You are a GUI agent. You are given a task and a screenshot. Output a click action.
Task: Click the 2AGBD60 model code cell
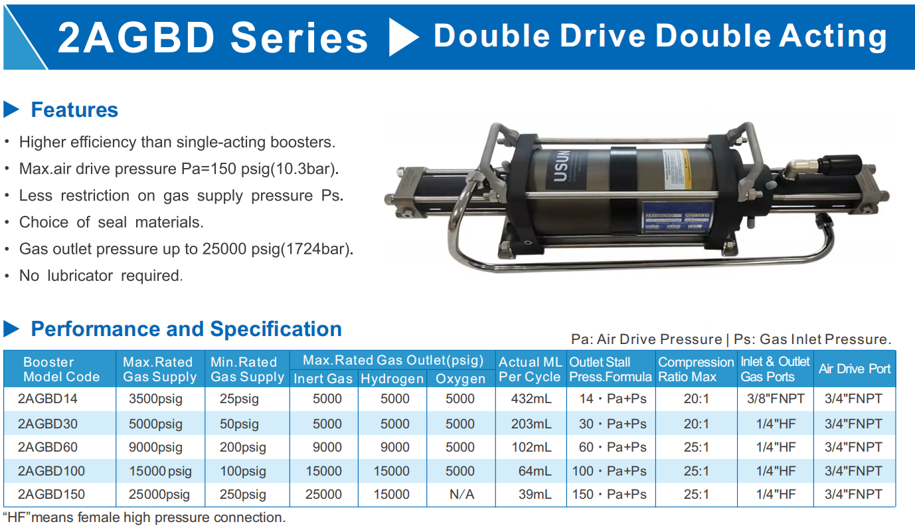[x=48, y=447]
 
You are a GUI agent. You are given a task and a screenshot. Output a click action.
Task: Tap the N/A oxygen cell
[x=460, y=494]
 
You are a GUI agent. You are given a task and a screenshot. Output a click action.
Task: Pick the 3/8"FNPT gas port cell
[x=776, y=399]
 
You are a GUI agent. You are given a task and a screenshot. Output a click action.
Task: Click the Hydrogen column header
[x=392, y=379]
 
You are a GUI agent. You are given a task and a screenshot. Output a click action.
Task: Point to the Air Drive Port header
[x=855, y=369]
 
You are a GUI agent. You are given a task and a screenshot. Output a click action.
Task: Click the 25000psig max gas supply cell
[x=159, y=494]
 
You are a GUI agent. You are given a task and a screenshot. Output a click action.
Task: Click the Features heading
[x=74, y=110]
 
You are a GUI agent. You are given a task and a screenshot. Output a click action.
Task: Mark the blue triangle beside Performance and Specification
[x=11, y=328]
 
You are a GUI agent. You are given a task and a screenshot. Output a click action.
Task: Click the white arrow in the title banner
[x=402, y=37]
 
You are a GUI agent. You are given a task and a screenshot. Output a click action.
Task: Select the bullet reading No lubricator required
[x=100, y=275]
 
